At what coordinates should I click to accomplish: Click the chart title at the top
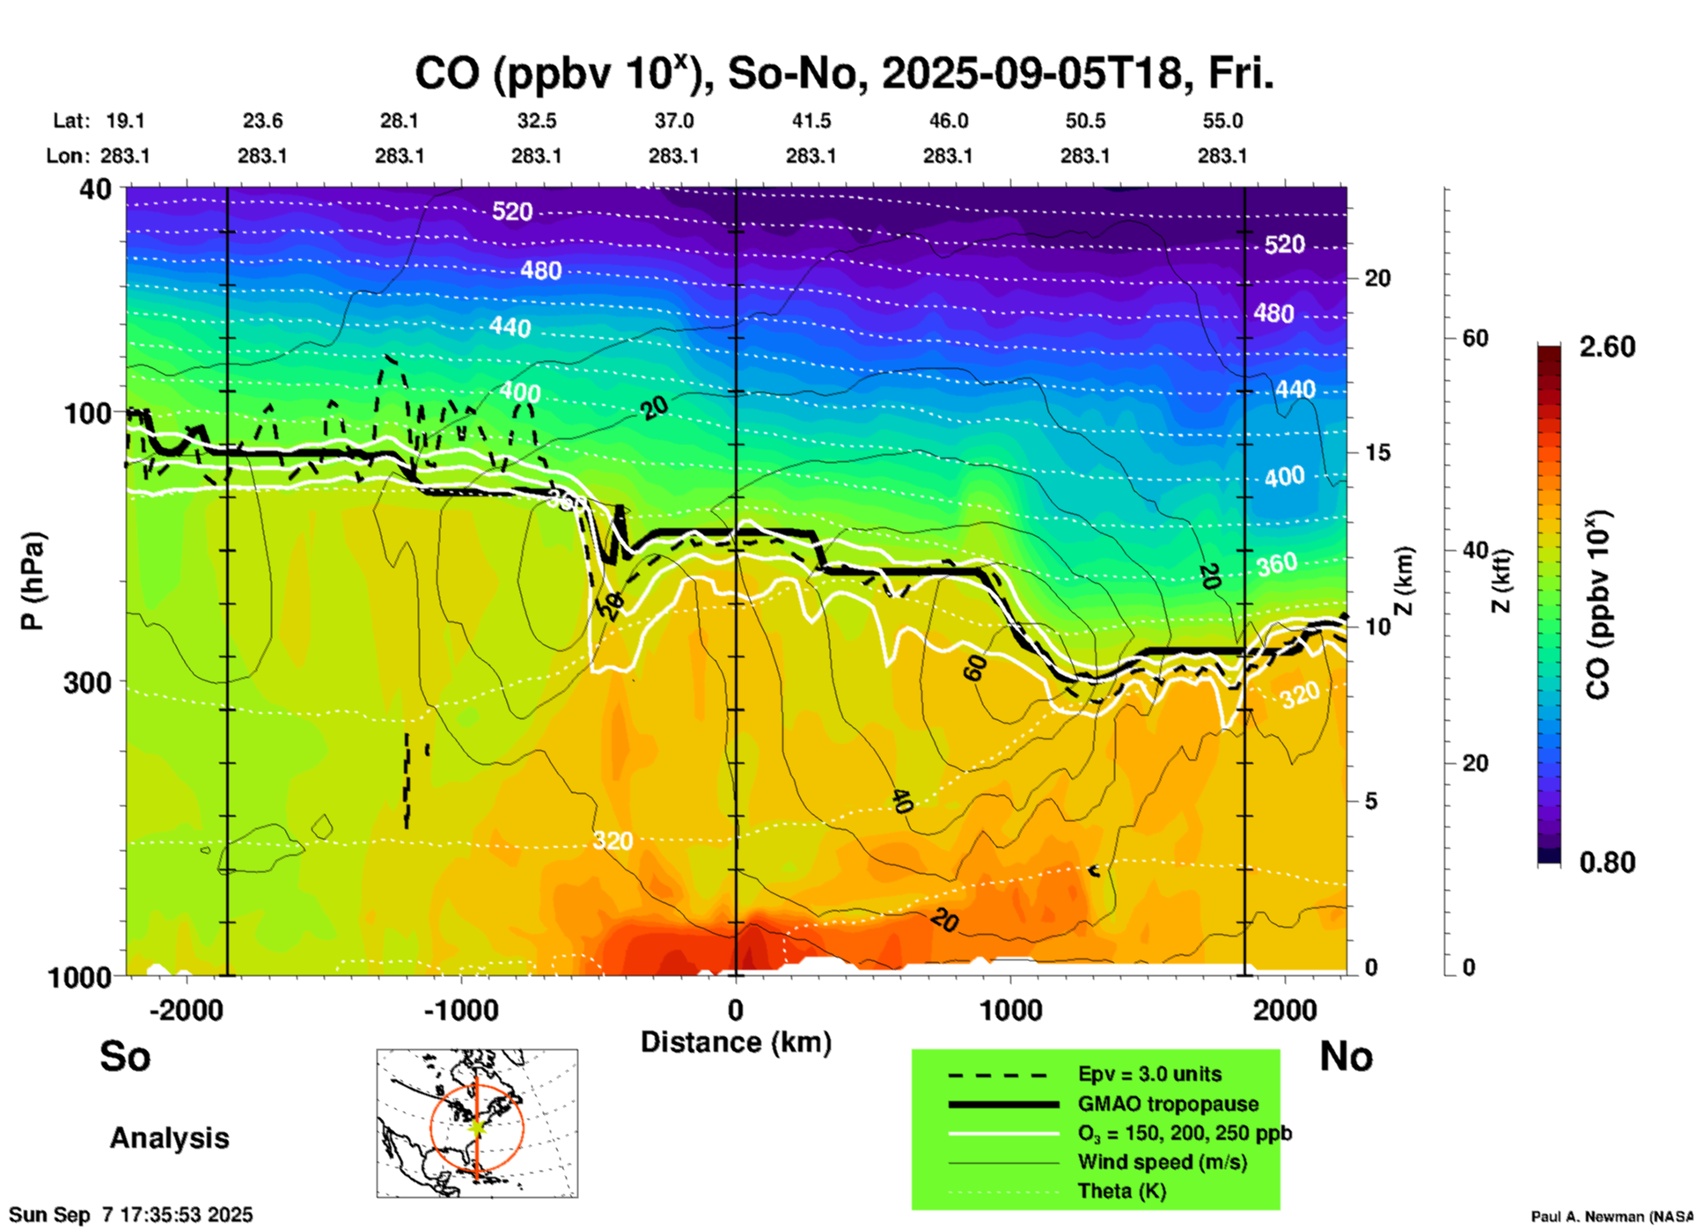[844, 74]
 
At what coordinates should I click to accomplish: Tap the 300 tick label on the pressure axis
[87, 682]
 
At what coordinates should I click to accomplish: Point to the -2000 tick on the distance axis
[187, 1010]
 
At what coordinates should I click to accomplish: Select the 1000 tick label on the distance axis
[1010, 1010]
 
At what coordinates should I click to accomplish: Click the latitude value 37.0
[673, 121]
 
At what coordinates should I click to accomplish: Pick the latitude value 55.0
[1222, 121]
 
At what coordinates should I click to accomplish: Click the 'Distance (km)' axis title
[736, 1042]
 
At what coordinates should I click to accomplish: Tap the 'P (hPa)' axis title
[32, 581]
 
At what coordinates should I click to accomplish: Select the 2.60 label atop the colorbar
[1607, 347]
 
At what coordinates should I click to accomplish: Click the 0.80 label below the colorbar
[1607, 863]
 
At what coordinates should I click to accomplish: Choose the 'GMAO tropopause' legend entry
[1168, 1104]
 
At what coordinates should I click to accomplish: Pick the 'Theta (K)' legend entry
[1122, 1191]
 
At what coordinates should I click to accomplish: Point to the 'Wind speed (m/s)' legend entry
[1162, 1162]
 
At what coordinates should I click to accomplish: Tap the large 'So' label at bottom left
[125, 1056]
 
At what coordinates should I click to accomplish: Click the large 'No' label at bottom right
[1346, 1056]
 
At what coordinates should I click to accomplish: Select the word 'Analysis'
[169, 1138]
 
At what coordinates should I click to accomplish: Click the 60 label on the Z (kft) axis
[1475, 338]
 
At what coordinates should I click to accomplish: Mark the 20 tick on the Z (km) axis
[1377, 278]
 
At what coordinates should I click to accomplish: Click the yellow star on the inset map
[477, 1126]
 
